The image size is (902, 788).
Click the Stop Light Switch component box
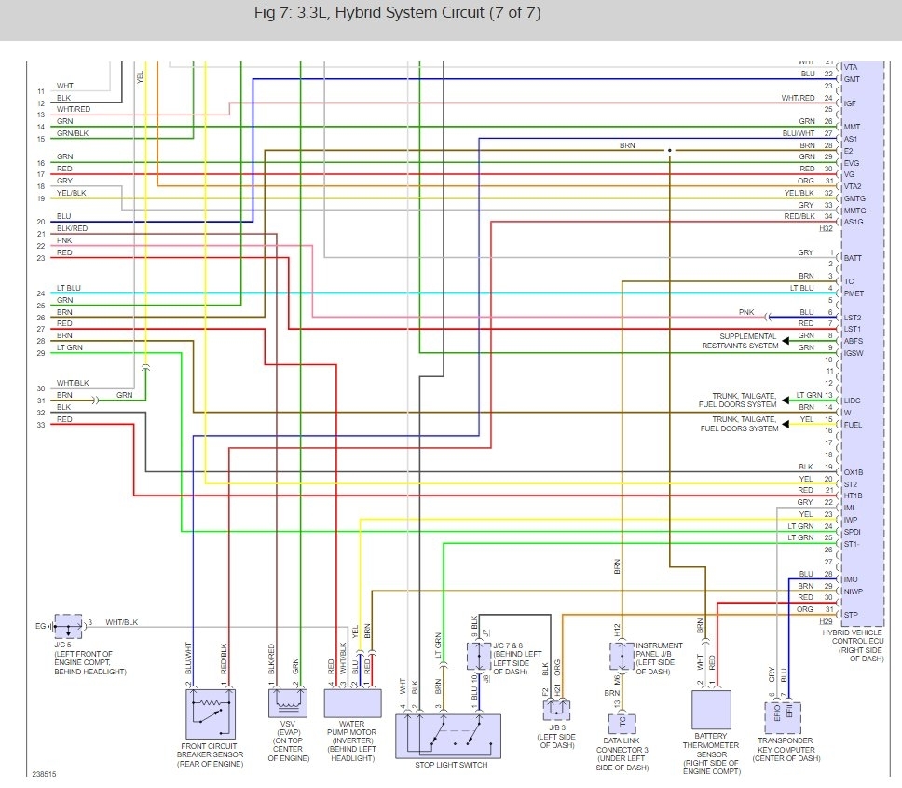(x=448, y=736)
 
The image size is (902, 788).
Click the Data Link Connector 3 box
(x=619, y=721)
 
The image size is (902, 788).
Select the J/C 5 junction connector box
(x=68, y=625)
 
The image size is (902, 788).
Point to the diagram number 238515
(x=42, y=774)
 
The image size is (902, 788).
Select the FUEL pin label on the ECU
(x=853, y=424)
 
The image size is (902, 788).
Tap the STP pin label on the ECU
(x=850, y=614)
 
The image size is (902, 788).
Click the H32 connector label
(x=827, y=228)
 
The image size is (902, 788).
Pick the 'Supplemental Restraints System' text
(x=740, y=341)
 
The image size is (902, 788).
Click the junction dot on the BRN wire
(x=669, y=150)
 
